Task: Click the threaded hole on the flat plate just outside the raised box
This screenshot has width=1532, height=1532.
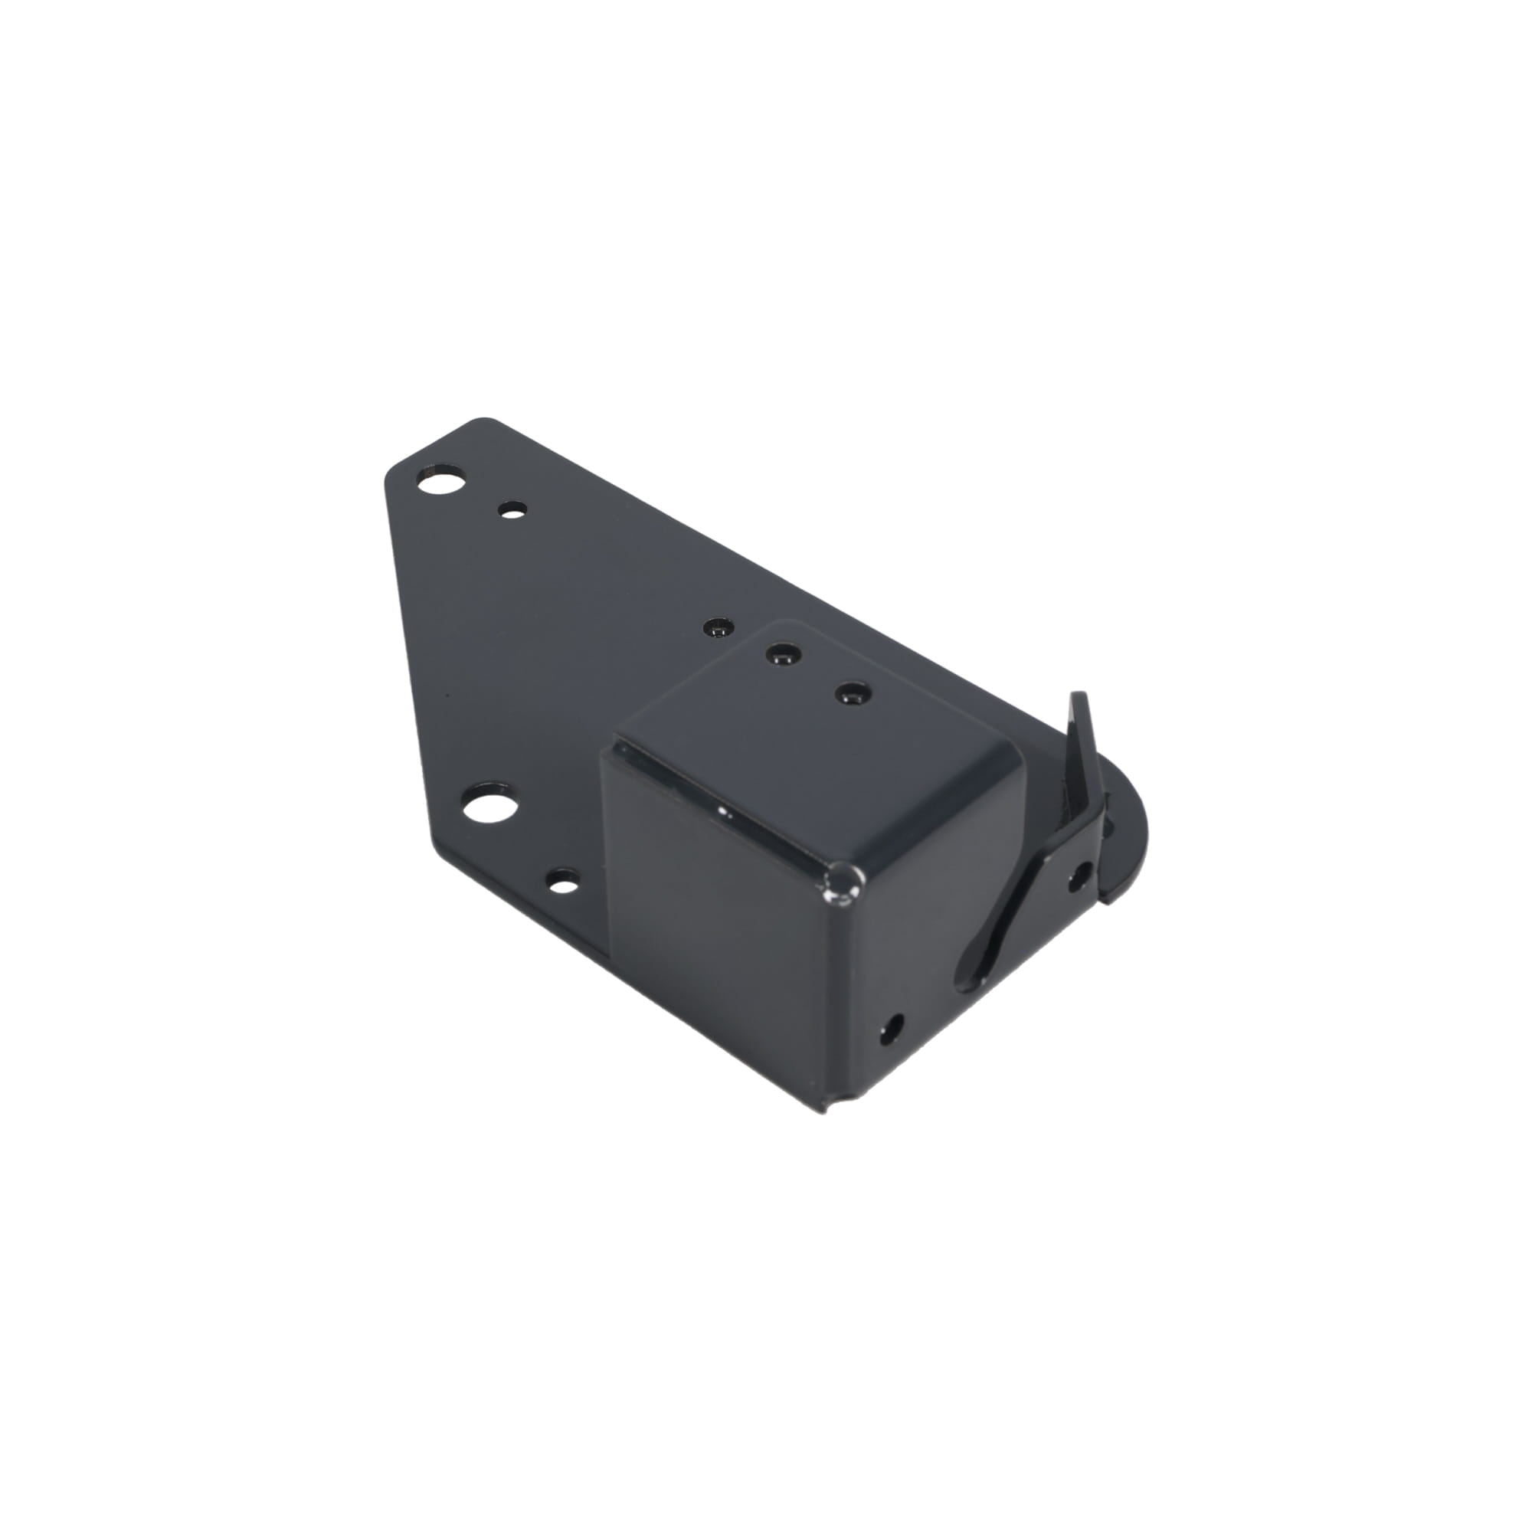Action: [x=717, y=628]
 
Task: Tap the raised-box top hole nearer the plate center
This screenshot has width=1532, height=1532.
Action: [x=781, y=654]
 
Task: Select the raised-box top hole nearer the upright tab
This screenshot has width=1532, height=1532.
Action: [x=853, y=694]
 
